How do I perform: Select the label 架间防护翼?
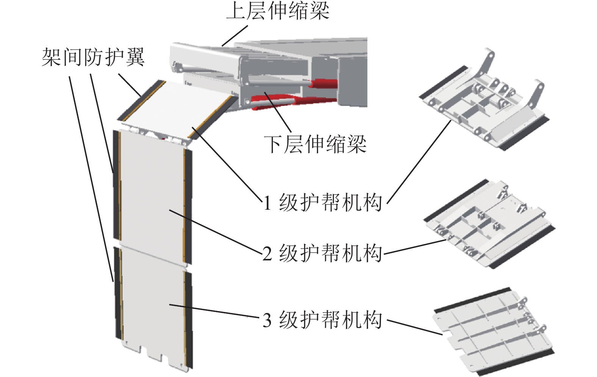93,58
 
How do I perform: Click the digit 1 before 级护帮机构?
267,203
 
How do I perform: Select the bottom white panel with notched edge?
152,303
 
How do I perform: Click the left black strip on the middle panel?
116,185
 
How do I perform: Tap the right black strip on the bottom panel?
188,318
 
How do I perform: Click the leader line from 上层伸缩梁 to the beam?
235,36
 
